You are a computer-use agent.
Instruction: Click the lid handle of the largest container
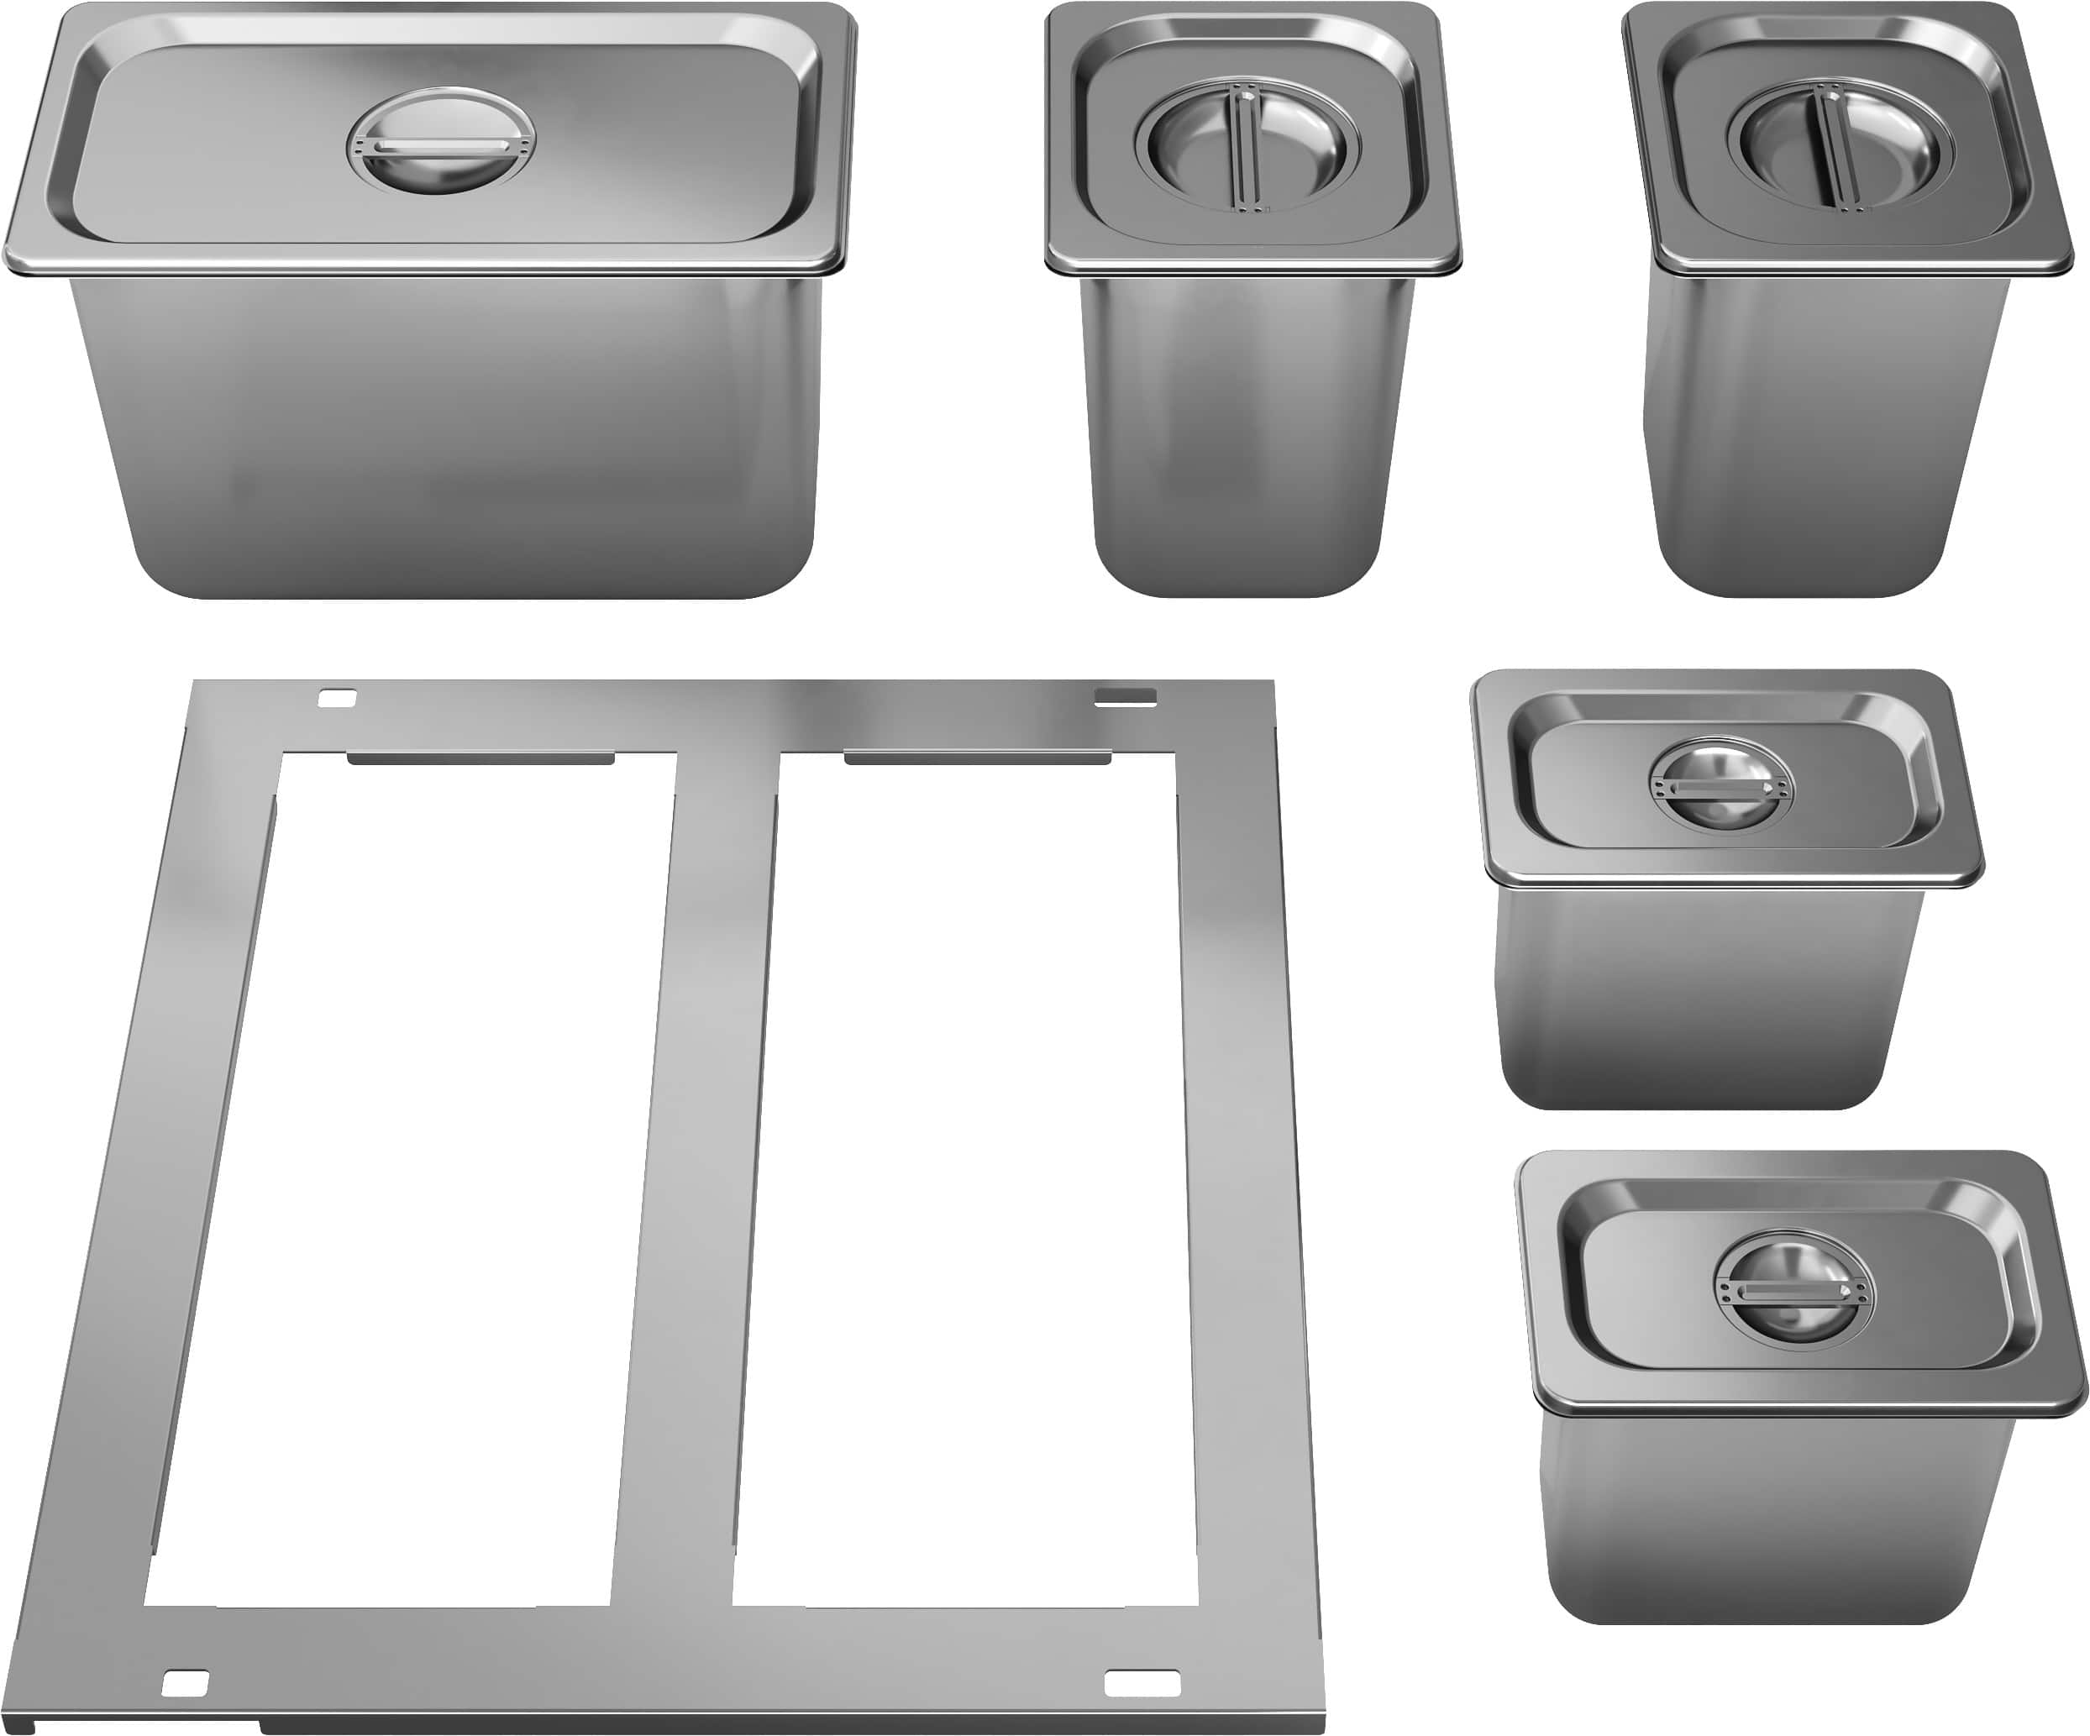tap(440, 146)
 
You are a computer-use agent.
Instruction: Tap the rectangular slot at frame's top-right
tap(1125, 696)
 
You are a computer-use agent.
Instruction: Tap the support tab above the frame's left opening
tap(480, 759)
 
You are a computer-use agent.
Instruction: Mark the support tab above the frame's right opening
tap(977, 759)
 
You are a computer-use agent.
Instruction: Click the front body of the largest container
tap(448, 438)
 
